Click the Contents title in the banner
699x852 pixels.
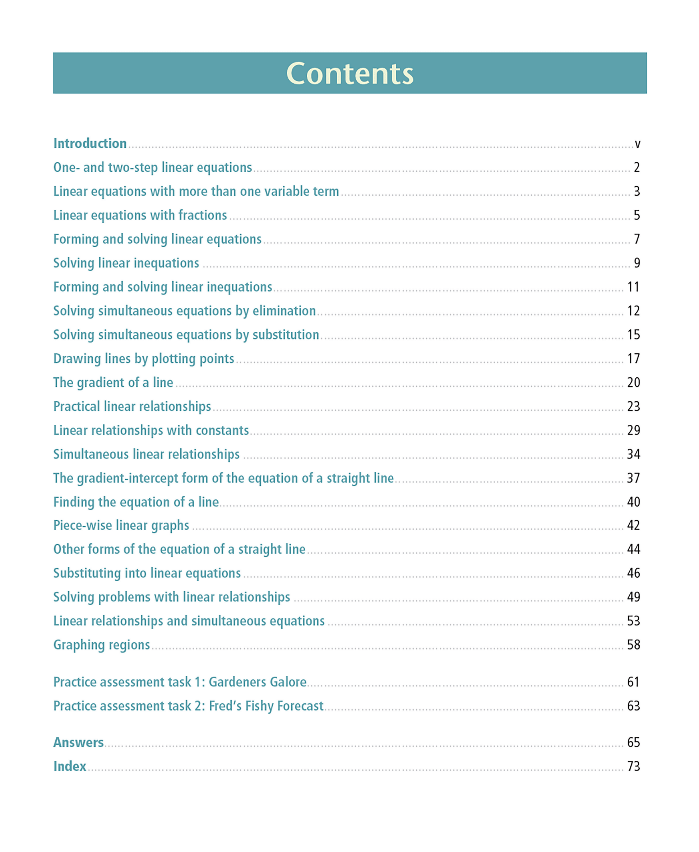tap(349, 74)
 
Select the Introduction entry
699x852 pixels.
tap(90, 144)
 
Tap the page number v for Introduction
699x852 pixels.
tap(637, 144)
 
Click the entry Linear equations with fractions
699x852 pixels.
tap(140, 215)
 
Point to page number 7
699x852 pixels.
tap(636, 239)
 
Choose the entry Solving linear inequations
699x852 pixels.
tap(126, 263)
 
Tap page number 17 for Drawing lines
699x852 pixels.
tap(633, 359)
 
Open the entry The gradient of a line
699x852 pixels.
tap(113, 382)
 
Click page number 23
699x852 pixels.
tap(633, 406)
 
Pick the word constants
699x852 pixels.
tap(222, 430)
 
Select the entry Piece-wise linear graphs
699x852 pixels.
tap(121, 526)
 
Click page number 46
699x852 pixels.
tap(633, 573)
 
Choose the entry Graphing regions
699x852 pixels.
tap(101, 645)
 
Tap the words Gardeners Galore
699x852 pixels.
tap(257, 682)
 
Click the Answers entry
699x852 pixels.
tap(79, 742)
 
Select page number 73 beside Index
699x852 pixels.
tap(633, 766)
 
